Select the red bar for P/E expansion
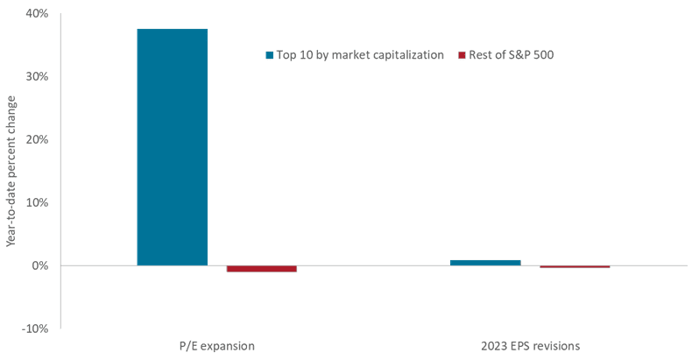(x=261, y=268)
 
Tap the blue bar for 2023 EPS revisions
(x=485, y=262)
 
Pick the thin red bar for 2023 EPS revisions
(x=575, y=266)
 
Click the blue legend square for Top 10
(x=270, y=55)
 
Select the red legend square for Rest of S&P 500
(x=462, y=55)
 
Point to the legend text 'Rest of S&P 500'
(x=511, y=55)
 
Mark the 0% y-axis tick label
(x=39, y=265)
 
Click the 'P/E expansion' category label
(x=216, y=346)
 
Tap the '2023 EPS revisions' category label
(x=530, y=346)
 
